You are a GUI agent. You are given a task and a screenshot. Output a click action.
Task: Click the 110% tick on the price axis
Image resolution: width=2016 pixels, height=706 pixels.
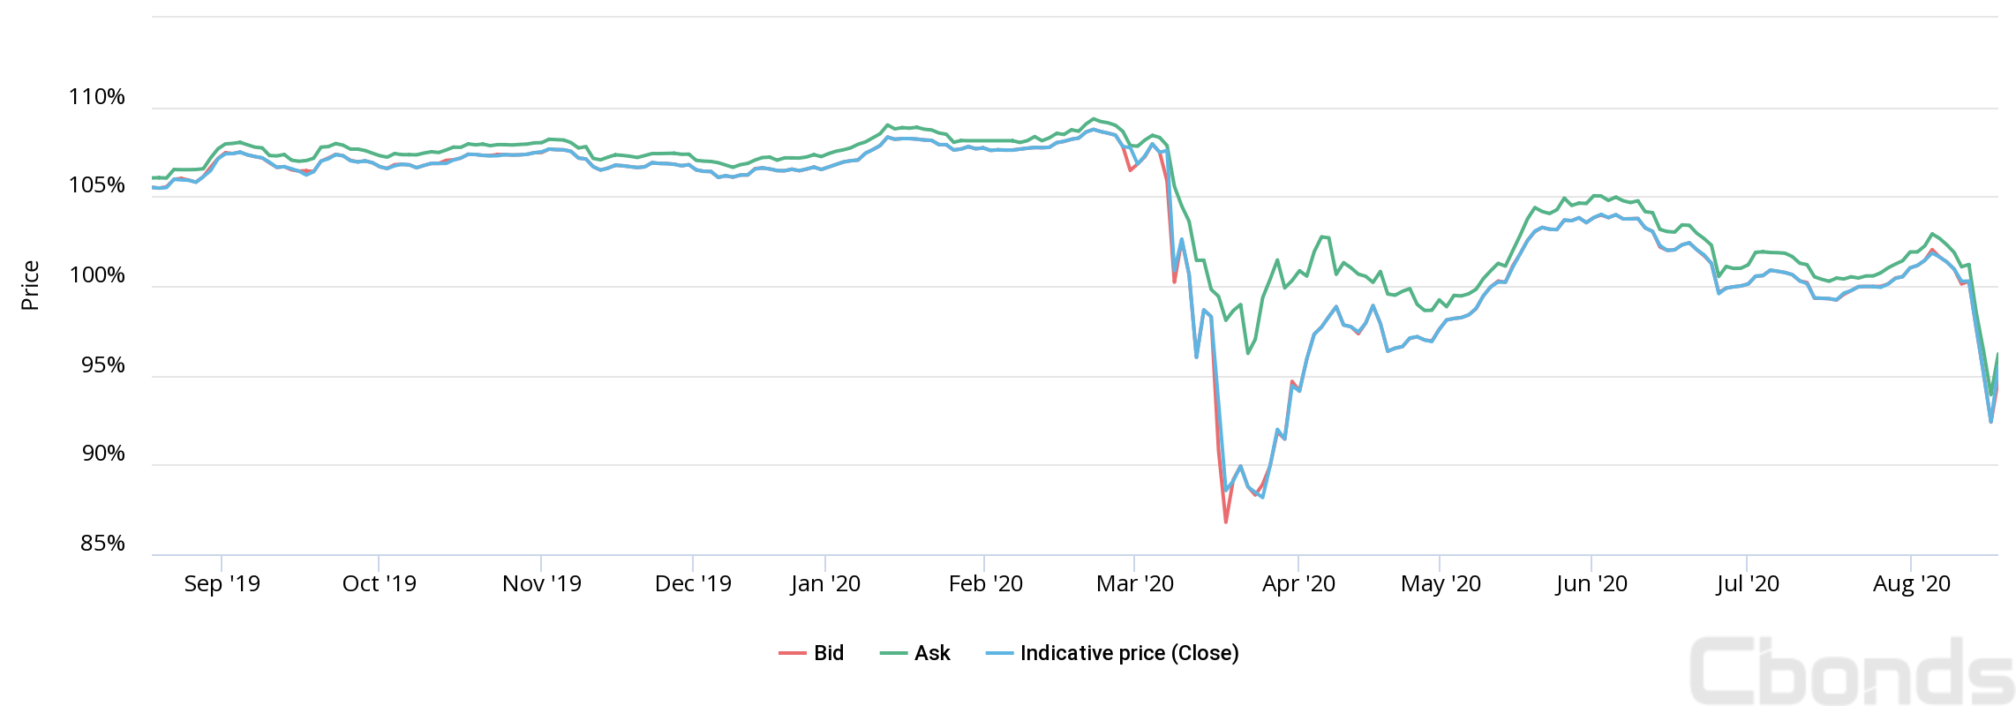[97, 97]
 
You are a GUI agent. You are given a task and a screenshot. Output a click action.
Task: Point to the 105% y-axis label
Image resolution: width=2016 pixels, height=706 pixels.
[97, 185]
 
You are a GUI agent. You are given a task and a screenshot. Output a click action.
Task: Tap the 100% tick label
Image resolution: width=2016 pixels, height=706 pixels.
[97, 275]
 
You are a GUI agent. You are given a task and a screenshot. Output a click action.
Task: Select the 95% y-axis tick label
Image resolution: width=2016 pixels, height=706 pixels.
[102, 365]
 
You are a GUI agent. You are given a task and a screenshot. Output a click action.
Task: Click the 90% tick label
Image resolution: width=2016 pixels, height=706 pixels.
[102, 454]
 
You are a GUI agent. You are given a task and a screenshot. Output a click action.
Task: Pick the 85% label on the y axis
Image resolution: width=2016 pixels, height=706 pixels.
[102, 544]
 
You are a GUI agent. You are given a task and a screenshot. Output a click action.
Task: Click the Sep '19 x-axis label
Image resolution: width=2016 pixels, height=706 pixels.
[222, 583]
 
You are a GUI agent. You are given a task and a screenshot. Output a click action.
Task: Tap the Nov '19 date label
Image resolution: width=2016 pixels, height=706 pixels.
[541, 583]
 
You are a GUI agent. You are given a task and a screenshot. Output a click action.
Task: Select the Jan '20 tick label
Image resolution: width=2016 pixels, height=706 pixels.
[825, 583]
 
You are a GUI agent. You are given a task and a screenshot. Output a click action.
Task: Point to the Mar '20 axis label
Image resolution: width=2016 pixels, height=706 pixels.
[1134, 583]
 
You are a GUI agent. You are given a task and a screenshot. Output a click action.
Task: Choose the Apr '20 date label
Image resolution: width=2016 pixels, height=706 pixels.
[1298, 583]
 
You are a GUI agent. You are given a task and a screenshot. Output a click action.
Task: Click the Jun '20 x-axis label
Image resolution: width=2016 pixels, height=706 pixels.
[1591, 583]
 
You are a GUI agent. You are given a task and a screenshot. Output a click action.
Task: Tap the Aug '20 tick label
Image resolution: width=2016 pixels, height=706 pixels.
[1911, 583]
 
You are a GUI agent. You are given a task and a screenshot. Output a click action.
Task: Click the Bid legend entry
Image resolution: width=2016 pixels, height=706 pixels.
[812, 653]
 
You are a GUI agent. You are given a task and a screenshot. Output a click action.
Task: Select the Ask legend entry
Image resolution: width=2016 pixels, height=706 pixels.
[916, 653]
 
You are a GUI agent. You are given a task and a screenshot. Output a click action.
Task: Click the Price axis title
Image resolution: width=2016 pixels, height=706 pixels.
[30, 285]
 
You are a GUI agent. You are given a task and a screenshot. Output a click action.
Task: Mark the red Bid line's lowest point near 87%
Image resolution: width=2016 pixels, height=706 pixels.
[1226, 522]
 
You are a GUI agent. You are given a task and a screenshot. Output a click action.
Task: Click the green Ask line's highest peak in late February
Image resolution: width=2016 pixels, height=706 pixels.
[1094, 118]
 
